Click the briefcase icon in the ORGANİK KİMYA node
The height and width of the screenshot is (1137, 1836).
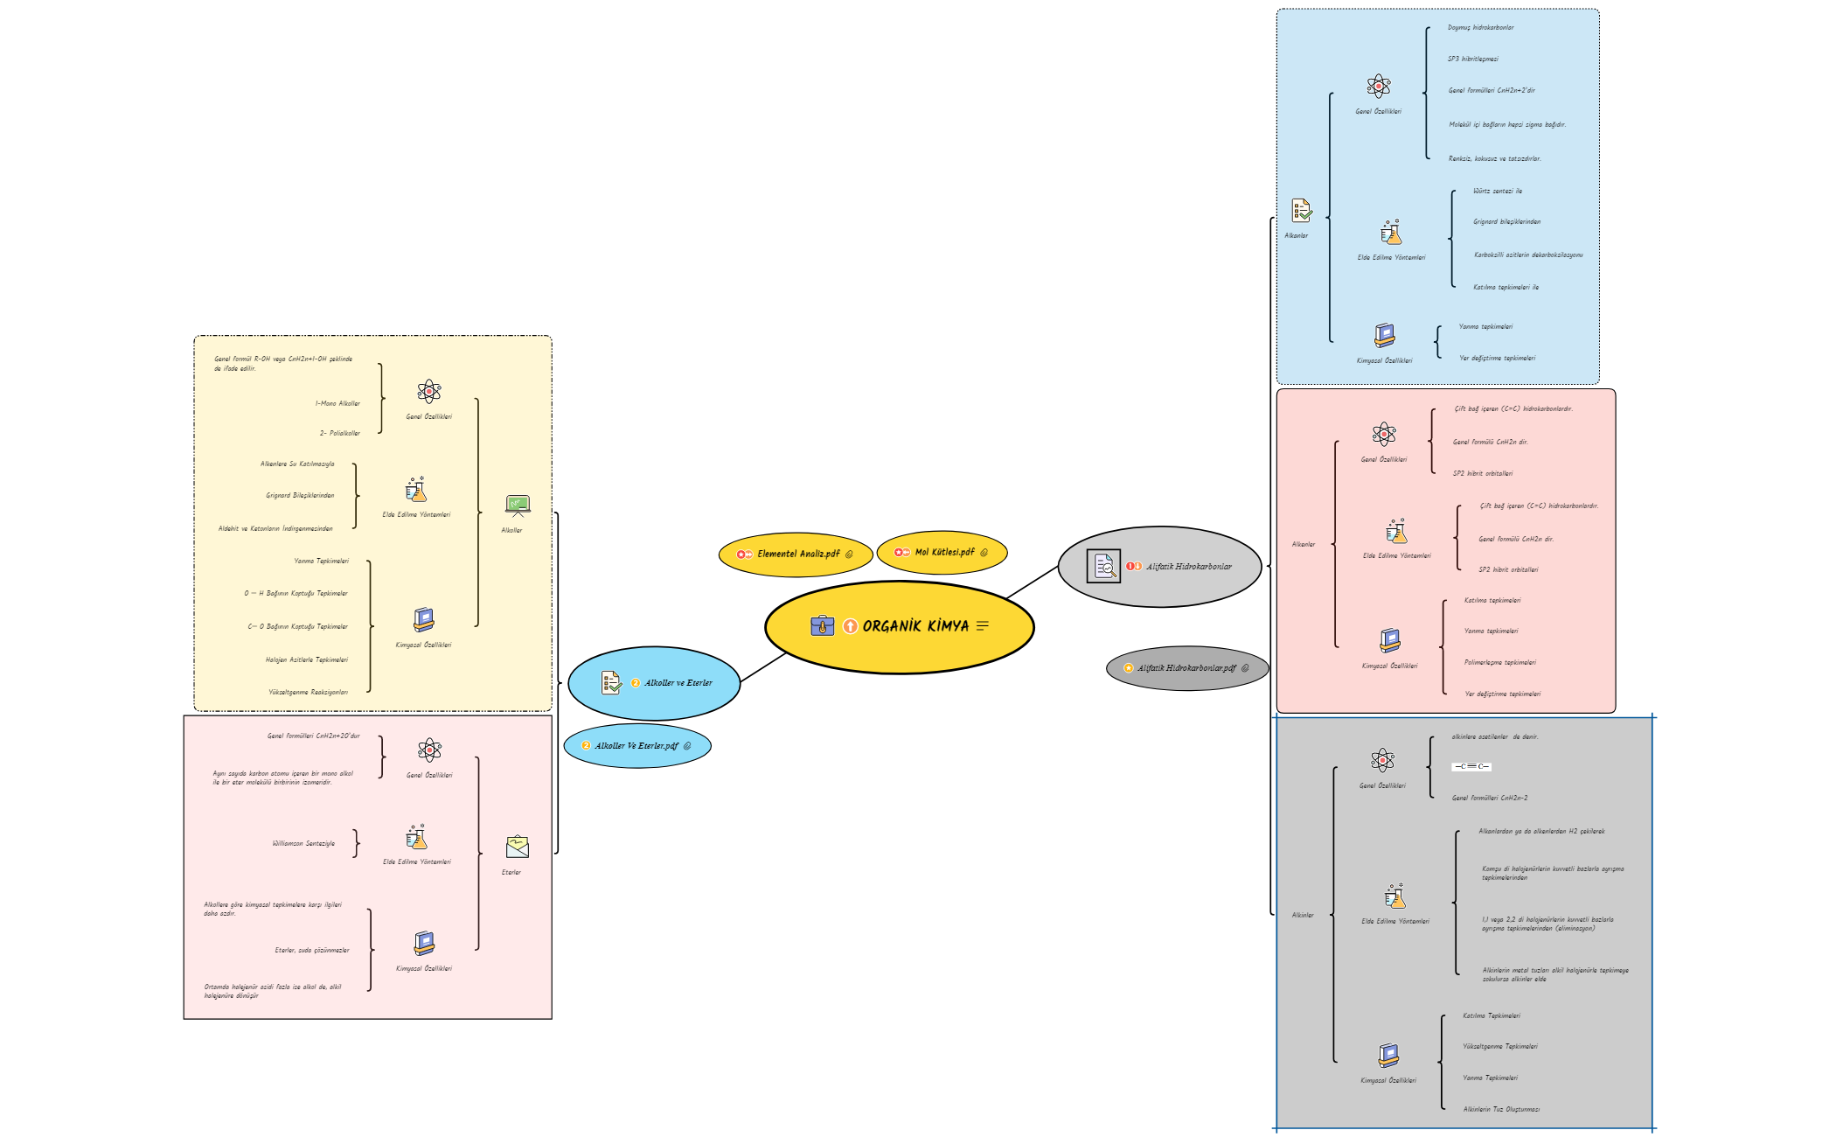pyautogui.click(x=822, y=625)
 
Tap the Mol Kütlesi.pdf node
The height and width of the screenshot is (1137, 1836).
pyautogui.click(x=943, y=552)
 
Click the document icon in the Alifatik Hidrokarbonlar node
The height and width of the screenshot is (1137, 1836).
pyautogui.click(x=1103, y=566)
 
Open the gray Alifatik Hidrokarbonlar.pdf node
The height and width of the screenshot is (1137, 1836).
pyautogui.click(x=1186, y=668)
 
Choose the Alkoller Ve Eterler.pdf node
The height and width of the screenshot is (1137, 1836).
pyautogui.click(x=636, y=746)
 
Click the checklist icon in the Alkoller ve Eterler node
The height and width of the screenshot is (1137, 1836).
pyautogui.click(x=611, y=682)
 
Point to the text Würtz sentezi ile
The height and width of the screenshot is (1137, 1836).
pyautogui.click(x=1497, y=191)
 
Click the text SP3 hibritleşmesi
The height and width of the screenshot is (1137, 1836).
pyautogui.click(x=1472, y=59)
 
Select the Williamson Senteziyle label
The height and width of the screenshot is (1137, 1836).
pyautogui.click(x=303, y=843)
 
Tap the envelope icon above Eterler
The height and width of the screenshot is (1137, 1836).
pyautogui.click(x=517, y=846)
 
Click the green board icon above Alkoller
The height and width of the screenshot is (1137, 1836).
pyautogui.click(x=517, y=505)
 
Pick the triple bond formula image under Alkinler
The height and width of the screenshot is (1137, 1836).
pyautogui.click(x=1471, y=766)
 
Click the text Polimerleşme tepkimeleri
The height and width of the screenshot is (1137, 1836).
pyautogui.click(x=1499, y=662)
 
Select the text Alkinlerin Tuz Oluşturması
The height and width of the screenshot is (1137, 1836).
pyautogui.click(x=1501, y=1109)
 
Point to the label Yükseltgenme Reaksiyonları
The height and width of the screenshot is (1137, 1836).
pyautogui.click(x=308, y=692)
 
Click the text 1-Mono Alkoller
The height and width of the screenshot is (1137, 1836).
pyautogui.click(x=337, y=403)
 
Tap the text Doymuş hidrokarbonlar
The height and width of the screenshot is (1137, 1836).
pyautogui.click(x=1480, y=27)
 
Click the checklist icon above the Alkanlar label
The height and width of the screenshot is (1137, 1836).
pyautogui.click(x=1301, y=210)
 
